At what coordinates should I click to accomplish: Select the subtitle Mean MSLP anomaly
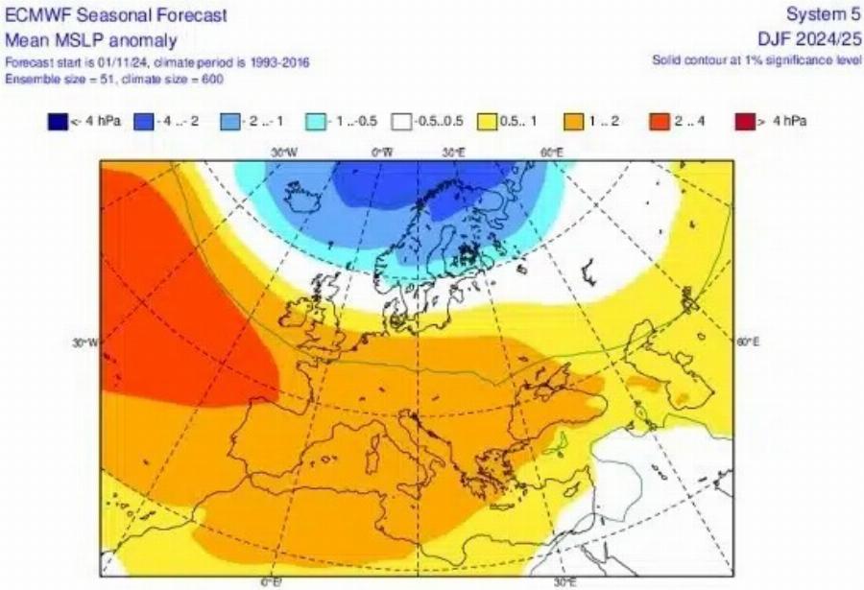[x=91, y=40]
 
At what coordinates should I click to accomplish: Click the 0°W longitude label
[x=382, y=152]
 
